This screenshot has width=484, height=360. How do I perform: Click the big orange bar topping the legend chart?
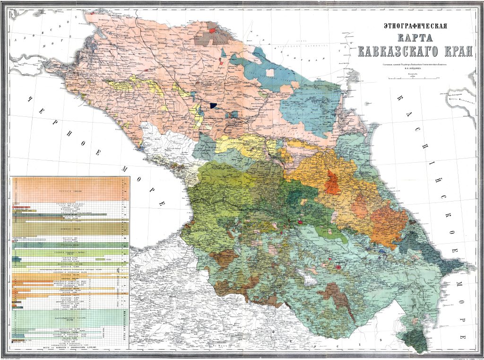click(69, 189)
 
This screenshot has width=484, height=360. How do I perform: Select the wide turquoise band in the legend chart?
click(69, 317)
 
